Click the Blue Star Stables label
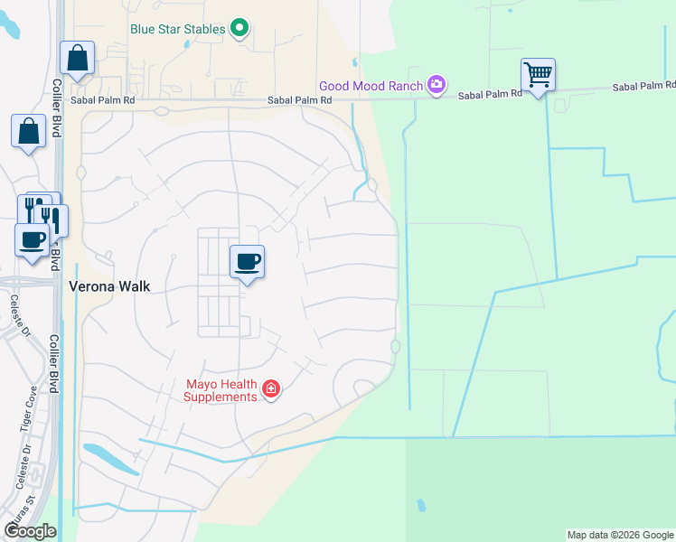click(177, 29)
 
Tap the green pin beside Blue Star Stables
click(239, 29)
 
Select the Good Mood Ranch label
click(371, 85)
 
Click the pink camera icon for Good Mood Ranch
click(437, 85)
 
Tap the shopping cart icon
click(538, 75)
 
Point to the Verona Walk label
click(109, 285)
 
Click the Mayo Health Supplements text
click(221, 390)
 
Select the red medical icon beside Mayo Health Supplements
click(270, 389)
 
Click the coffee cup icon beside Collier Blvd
click(33, 240)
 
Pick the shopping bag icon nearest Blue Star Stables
click(78, 58)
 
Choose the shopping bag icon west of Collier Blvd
click(28, 131)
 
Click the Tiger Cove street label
click(25, 430)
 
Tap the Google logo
click(30, 531)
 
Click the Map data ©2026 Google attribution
click(620, 535)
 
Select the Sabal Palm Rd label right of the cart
click(643, 86)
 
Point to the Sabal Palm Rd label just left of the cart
click(490, 93)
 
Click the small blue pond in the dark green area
click(421, 505)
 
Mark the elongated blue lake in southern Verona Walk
click(109, 458)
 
